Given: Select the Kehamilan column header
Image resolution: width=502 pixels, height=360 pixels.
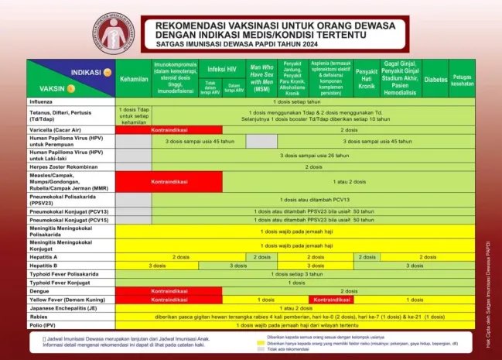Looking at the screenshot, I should (x=134, y=79).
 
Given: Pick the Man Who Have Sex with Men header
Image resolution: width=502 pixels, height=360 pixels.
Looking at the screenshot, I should (x=262, y=79).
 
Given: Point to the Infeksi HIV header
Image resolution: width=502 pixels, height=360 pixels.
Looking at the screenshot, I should (x=222, y=68).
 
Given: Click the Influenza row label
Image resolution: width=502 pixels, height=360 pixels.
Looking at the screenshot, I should (x=42, y=101).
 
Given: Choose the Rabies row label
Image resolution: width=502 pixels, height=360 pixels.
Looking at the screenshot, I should (x=39, y=317).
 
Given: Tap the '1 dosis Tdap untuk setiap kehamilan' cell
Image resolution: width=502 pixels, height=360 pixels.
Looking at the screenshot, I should (x=134, y=115).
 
